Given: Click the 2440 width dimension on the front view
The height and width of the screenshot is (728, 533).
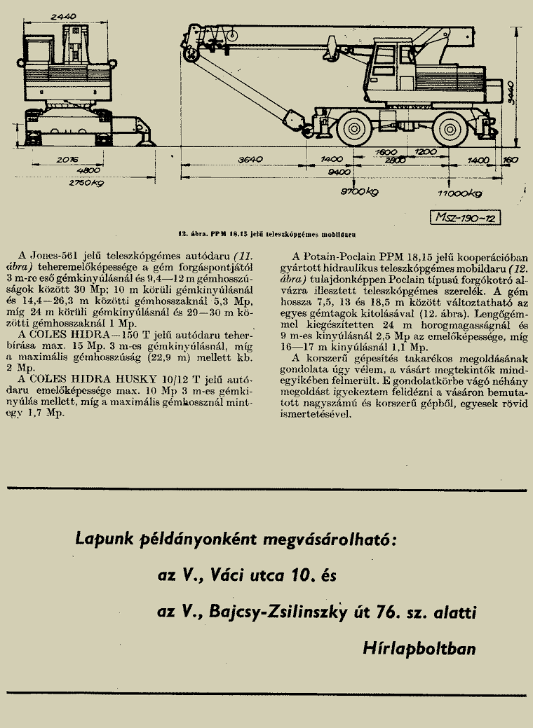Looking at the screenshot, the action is (x=64, y=17).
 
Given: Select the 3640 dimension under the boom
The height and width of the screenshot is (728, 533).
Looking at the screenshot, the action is (x=250, y=159).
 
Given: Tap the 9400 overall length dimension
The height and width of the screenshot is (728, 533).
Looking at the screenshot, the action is (x=339, y=172).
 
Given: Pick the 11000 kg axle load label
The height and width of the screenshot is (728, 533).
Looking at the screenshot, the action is (x=459, y=193).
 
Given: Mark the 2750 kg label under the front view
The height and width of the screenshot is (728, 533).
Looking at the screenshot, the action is (x=86, y=183).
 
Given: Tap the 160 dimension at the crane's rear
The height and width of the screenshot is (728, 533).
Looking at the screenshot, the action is (x=511, y=160).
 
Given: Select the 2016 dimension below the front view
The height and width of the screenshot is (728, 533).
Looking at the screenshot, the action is (x=67, y=159).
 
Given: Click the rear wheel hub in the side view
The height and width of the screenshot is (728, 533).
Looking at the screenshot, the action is (x=450, y=128).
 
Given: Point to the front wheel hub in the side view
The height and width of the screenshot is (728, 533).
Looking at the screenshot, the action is (x=354, y=128).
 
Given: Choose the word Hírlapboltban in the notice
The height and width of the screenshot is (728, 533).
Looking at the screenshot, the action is (x=419, y=648).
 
